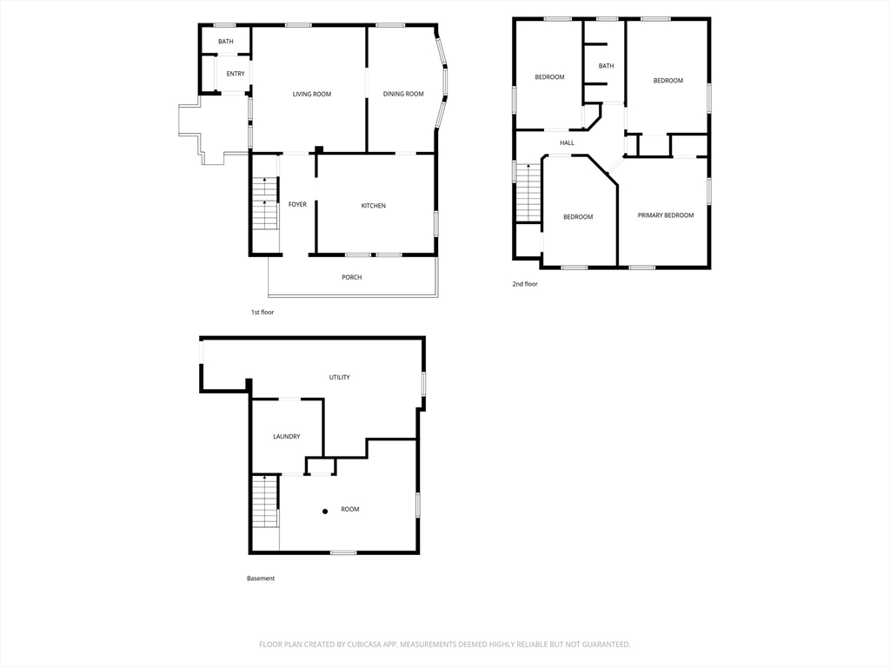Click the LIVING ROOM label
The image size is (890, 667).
coord(312,94)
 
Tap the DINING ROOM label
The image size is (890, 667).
coord(403,94)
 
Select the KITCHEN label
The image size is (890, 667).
coord(374,206)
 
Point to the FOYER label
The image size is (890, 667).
coord(297,204)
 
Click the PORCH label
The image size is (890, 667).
coord(352,277)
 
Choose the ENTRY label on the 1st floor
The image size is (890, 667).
coord(236,74)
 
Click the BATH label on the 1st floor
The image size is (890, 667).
coord(226,42)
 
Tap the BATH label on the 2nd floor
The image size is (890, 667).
coord(606,66)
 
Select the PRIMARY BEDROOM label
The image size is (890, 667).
coord(666,215)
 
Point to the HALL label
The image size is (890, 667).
coord(567,143)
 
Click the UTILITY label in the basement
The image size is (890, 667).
coord(340,377)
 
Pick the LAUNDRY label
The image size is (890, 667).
coord(287,437)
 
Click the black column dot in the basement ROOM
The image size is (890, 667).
coord(325,512)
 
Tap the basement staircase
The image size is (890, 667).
coord(266,502)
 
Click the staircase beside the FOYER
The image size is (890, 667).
coord(265,203)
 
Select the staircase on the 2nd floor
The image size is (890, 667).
coord(528,193)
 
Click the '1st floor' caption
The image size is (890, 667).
coord(262,313)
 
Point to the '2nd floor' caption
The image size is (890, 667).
coord(525,284)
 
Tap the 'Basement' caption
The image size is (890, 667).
coord(261,578)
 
